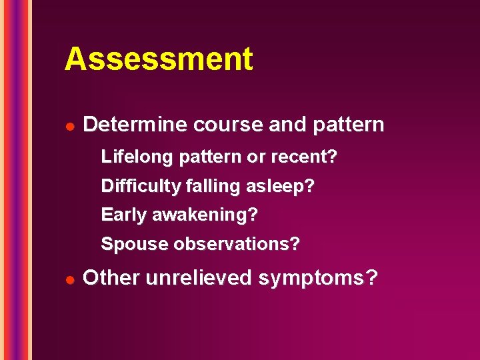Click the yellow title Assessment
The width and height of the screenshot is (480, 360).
point(159,59)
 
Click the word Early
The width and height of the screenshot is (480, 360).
point(124,215)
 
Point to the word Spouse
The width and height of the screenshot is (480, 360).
point(135,245)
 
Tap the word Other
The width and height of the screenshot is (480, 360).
point(109,277)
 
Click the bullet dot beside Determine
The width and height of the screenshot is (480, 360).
point(69,125)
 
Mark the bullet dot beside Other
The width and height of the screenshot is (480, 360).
point(69,277)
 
